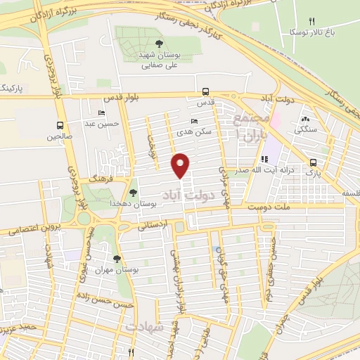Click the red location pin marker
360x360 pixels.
click(x=181, y=165)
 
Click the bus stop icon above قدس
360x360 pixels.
click(x=205, y=91)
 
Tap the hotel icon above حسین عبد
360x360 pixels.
click(x=102, y=113)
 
